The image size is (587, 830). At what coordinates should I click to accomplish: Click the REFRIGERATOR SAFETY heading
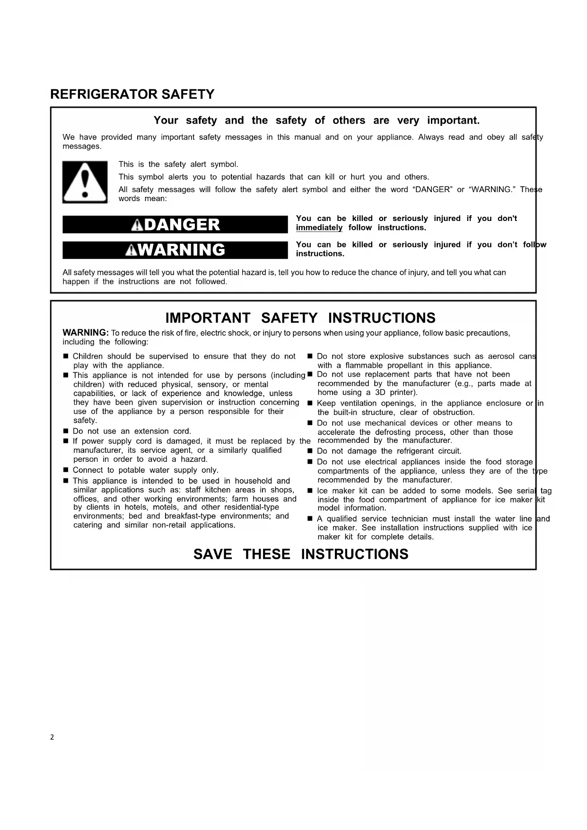(132, 94)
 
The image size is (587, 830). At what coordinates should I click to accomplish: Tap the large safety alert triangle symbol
(85, 182)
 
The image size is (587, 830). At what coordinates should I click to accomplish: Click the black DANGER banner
(175, 224)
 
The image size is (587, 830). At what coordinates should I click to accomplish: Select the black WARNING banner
(175, 250)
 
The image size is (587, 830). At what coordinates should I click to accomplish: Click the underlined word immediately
(319, 228)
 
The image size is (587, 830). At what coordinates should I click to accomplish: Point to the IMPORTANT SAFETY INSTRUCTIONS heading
(300, 318)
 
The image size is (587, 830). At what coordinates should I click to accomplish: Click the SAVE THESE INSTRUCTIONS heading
(301, 554)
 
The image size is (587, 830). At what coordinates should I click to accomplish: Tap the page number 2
(52, 737)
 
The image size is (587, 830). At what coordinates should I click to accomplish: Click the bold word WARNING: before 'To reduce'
(86, 333)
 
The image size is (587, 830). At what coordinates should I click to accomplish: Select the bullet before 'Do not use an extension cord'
(66, 431)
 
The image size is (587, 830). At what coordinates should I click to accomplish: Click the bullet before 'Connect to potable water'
(66, 470)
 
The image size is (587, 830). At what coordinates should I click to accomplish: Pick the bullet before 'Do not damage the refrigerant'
(310, 451)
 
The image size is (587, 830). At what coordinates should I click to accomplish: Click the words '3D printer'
(396, 392)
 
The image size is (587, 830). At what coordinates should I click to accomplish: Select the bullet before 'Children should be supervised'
(66, 356)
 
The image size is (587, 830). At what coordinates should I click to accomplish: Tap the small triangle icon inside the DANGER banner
(137, 225)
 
